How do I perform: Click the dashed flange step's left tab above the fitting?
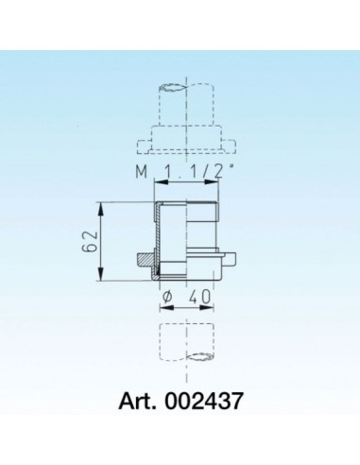click(x=145, y=146)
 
